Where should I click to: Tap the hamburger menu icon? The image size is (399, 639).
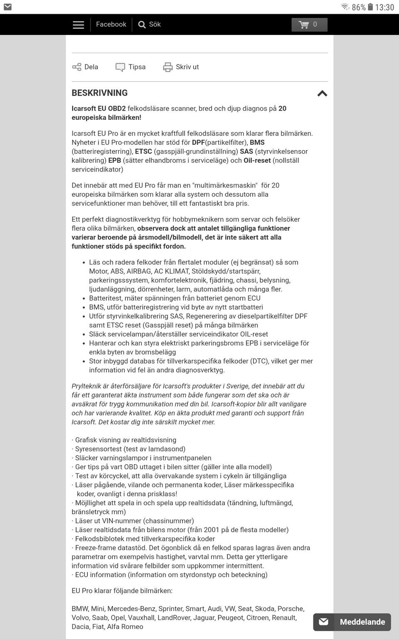[78, 25]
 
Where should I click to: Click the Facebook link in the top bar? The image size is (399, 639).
[111, 25]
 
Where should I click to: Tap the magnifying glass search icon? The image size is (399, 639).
[142, 25]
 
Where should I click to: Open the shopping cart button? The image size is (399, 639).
[309, 25]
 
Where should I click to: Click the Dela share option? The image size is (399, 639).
[85, 67]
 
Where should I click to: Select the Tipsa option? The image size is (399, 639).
[131, 67]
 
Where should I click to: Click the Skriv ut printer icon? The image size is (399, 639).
[167, 67]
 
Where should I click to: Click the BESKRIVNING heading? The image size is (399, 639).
[100, 93]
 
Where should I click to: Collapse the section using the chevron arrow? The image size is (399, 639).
[322, 94]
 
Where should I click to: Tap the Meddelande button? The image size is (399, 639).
[352, 622]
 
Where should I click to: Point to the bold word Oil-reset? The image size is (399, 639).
[257, 161]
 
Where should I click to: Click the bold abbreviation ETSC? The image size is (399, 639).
[143, 151]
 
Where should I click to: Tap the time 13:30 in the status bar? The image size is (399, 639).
[384, 7]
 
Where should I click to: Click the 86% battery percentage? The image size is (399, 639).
[358, 7]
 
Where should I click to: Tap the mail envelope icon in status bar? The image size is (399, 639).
[7, 7]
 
